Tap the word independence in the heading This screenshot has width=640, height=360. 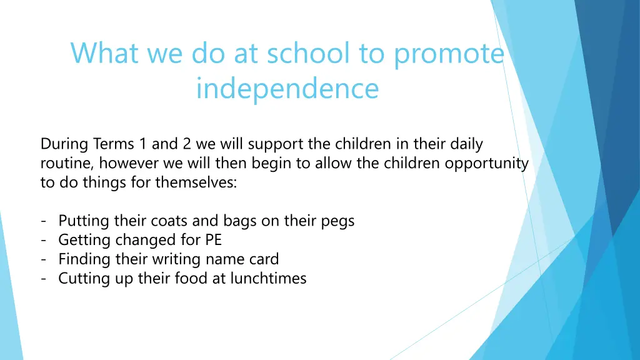[x=287, y=89]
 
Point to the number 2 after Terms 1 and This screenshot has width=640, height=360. [x=187, y=144]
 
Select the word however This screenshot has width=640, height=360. [x=127, y=164]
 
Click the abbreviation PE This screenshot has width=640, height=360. [x=213, y=240]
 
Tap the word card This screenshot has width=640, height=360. [x=262, y=259]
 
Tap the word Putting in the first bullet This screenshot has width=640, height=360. [x=84, y=221]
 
